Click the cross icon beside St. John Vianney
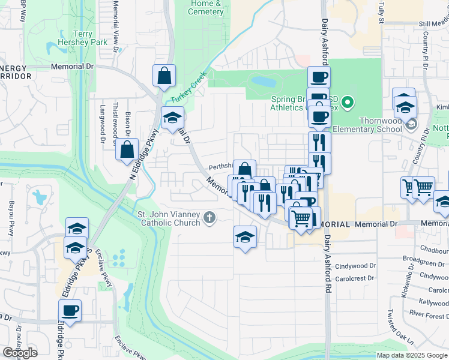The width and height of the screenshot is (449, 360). (209, 217)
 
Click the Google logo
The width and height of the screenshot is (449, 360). (20, 353)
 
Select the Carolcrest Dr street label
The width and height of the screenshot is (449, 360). (355, 278)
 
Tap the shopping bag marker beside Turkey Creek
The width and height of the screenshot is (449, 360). (164, 76)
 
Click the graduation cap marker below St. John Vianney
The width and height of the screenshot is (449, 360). (245, 237)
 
